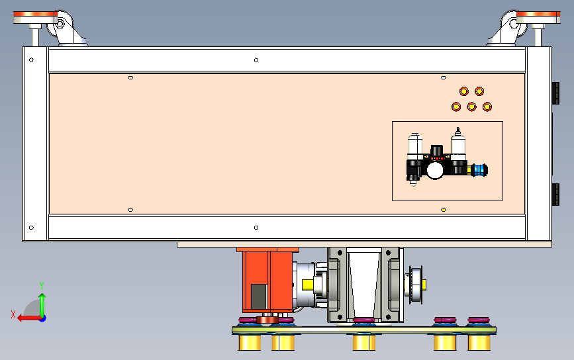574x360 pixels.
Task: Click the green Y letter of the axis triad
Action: [42, 285]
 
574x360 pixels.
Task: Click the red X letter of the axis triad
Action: [13, 314]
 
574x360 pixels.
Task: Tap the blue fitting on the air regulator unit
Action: [479, 170]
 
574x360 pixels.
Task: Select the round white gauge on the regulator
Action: [435, 171]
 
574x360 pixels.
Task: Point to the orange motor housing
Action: [267, 280]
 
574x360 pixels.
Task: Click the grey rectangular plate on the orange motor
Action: [259, 296]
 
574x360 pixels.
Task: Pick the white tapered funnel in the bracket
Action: [364, 283]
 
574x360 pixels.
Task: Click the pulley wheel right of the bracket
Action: [416, 285]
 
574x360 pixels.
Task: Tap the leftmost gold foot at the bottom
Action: [250, 342]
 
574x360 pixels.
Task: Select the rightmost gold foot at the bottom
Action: [479, 342]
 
